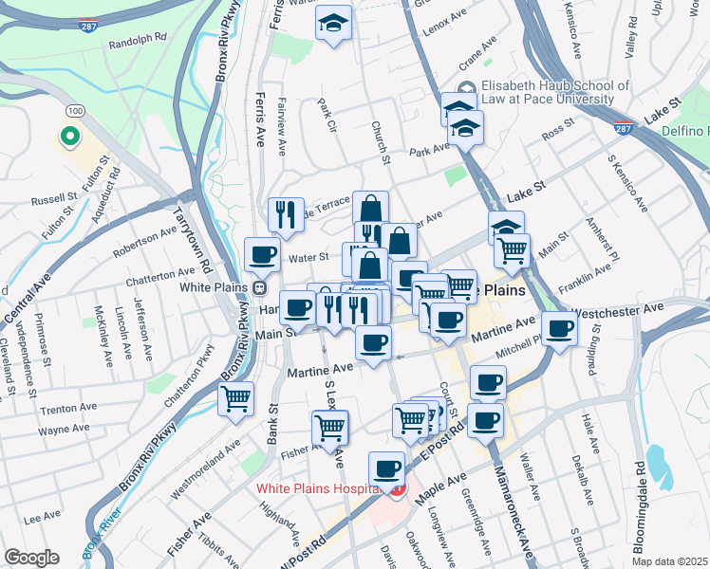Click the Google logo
(31, 558)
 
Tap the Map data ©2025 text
(669, 561)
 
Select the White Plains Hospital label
(318, 489)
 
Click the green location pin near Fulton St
(68, 138)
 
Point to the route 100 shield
(74, 112)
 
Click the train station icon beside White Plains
(258, 286)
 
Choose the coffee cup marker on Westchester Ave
(560, 329)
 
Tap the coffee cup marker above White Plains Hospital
(387, 468)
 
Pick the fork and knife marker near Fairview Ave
(286, 214)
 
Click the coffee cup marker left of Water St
(263, 254)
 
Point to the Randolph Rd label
(137, 44)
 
